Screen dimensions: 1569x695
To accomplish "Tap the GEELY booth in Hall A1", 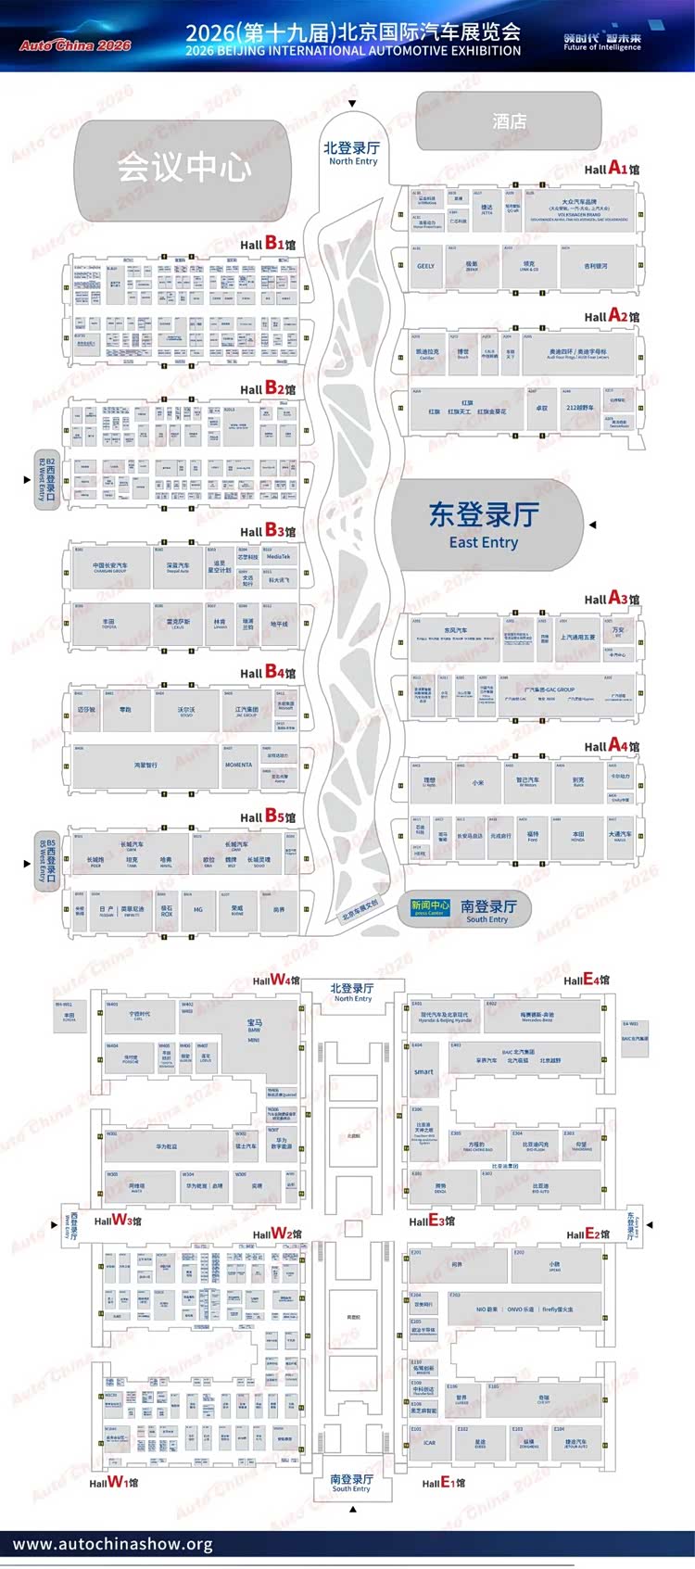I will (x=426, y=266).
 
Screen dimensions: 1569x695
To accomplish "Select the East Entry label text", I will (x=484, y=542).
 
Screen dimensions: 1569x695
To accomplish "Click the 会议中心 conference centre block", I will (x=183, y=168).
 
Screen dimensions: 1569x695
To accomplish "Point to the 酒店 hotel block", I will (x=509, y=121).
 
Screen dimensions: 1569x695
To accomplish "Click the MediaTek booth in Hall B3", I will (x=278, y=557).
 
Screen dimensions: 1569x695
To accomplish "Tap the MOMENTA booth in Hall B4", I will (x=239, y=765).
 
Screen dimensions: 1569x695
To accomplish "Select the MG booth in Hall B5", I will (x=198, y=910).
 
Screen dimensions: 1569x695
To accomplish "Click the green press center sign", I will (x=430, y=907).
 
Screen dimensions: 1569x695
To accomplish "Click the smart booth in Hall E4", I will (x=423, y=1071).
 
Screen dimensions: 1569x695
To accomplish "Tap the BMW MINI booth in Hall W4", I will (x=254, y=1031).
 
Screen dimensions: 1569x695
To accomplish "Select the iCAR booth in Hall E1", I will (x=429, y=1443).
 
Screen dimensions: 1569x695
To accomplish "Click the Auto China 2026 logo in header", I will (x=75, y=44).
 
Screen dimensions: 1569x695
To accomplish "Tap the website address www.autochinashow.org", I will (x=112, y=1544).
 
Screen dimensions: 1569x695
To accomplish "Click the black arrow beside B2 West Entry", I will (x=27, y=479).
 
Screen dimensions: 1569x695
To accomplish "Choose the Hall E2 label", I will (x=588, y=1234).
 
